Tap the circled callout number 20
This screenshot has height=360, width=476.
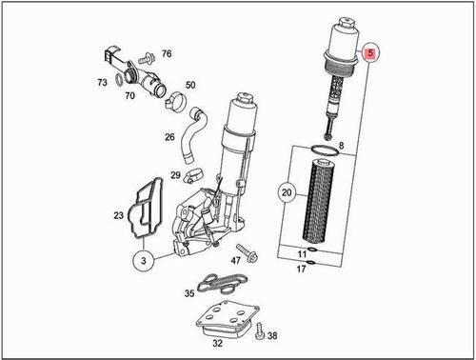[x=285, y=193]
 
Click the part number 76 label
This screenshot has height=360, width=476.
[x=167, y=53]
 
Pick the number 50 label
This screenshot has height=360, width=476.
[x=190, y=86]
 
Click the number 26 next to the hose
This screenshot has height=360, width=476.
[x=169, y=136]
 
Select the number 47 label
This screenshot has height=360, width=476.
[x=236, y=260]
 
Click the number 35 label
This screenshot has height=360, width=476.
[x=189, y=294]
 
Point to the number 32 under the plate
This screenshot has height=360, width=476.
[x=218, y=342]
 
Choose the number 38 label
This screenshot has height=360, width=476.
[x=272, y=336]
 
